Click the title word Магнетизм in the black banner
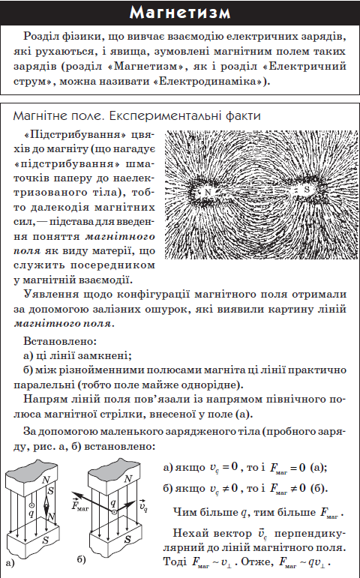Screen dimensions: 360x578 [179, 13]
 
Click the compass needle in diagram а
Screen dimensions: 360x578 [48, 503]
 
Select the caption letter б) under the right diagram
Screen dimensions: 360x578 [79, 559]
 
